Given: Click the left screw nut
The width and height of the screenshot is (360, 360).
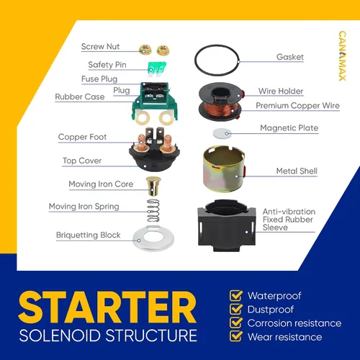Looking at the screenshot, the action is [145, 50].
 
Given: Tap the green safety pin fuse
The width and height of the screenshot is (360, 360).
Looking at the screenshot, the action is [157, 69].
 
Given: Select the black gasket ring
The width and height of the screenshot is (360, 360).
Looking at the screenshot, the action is [217, 60].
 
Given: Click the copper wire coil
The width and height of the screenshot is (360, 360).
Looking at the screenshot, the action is [220, 107].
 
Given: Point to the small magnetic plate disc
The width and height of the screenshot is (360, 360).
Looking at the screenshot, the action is [222, 133].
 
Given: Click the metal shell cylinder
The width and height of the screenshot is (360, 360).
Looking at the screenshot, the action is [224, 168].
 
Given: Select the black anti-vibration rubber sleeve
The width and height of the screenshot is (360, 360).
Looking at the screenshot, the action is [227, 225].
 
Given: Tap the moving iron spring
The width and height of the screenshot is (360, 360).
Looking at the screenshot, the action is [153, 210].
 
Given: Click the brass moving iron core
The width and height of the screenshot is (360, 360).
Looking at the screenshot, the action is [153, 186].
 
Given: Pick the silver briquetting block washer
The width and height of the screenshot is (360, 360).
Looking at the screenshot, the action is [153, 239].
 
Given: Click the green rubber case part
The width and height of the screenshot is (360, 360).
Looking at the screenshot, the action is [155, 102].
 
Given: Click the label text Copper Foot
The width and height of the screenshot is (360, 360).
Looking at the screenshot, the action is [82, 137].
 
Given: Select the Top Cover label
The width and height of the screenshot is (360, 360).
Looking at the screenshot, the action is [82, 161].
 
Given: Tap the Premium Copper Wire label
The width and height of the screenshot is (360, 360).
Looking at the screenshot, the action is [297, 106].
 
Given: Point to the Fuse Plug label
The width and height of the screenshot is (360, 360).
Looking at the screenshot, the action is [99, 79].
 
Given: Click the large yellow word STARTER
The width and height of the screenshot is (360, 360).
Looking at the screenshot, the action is [107, 307].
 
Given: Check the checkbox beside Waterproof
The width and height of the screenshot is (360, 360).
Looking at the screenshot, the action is [236, 296].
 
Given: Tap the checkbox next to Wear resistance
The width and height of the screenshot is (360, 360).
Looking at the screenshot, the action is [236, 336].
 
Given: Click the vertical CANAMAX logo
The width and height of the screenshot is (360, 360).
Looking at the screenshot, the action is [343, 55].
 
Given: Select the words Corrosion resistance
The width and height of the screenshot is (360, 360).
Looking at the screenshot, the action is [294, 323].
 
